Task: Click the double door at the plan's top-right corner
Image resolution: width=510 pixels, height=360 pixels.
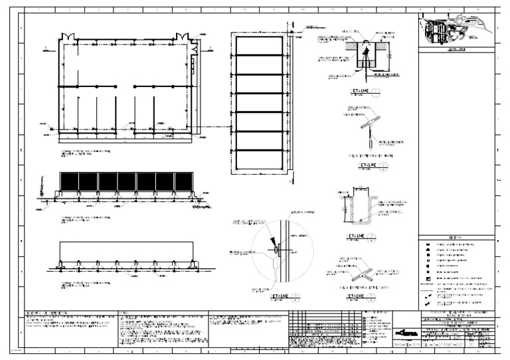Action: click(x=194, y=38)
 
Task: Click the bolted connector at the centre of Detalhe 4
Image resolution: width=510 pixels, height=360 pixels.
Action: click(x=277, y=248)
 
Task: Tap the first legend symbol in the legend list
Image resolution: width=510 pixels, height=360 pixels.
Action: click(x=428, y=243)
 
